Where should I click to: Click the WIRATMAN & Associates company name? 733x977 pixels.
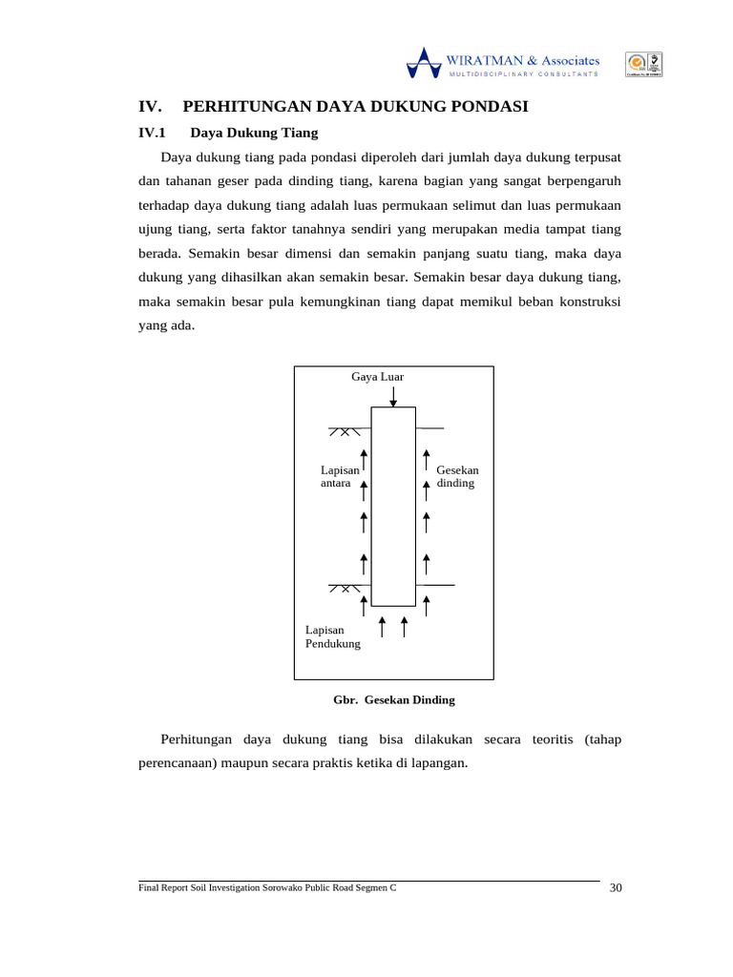tap(523, 59)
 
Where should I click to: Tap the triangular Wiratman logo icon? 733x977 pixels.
tap(424, 62)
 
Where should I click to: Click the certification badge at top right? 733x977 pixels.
tap(643, 64)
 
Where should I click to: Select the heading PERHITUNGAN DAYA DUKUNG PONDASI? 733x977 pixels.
tap(355, 107)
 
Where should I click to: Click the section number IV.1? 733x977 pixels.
tap(153, 133)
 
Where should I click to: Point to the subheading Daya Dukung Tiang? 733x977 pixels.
tap(254, 133)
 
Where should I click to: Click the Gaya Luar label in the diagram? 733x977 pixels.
tap(377, 377)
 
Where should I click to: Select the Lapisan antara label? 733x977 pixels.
tap(340, 477)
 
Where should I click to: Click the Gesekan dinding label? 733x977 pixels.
tap(457, 477)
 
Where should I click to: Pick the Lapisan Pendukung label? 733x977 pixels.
tap(332, 636)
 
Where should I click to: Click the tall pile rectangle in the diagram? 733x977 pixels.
tap(393, 506)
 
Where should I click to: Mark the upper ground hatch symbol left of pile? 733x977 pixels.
tap(345, 431)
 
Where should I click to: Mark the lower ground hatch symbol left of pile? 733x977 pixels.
tap(345, 589)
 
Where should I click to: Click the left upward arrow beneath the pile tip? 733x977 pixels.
tap(382, 627)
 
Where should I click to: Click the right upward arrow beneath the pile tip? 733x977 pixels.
tap(404, 627)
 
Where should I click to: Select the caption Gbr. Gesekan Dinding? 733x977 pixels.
tap(393, 699)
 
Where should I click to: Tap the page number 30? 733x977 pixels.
tap(615, 888)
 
